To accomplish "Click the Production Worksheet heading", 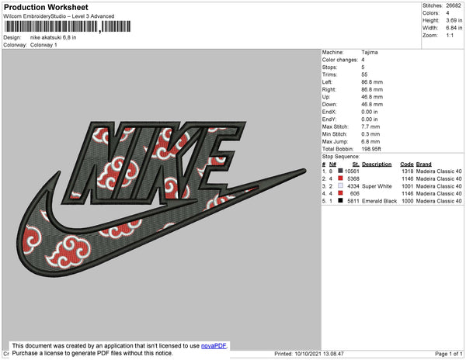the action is tap(46, 7).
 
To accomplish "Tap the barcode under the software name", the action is tap(68, 26).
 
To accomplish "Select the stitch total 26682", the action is tap(454, 5).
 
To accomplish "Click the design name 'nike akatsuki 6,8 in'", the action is tap(53, 37).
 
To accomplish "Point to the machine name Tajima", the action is tap(370, 52).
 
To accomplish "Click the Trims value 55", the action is tap(364, 74).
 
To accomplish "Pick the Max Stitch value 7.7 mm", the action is tap(370, 126).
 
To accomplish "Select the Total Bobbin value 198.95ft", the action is tap(371, 149).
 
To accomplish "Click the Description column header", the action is tap(377, 164).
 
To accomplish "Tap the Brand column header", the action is tap(423, 164).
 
